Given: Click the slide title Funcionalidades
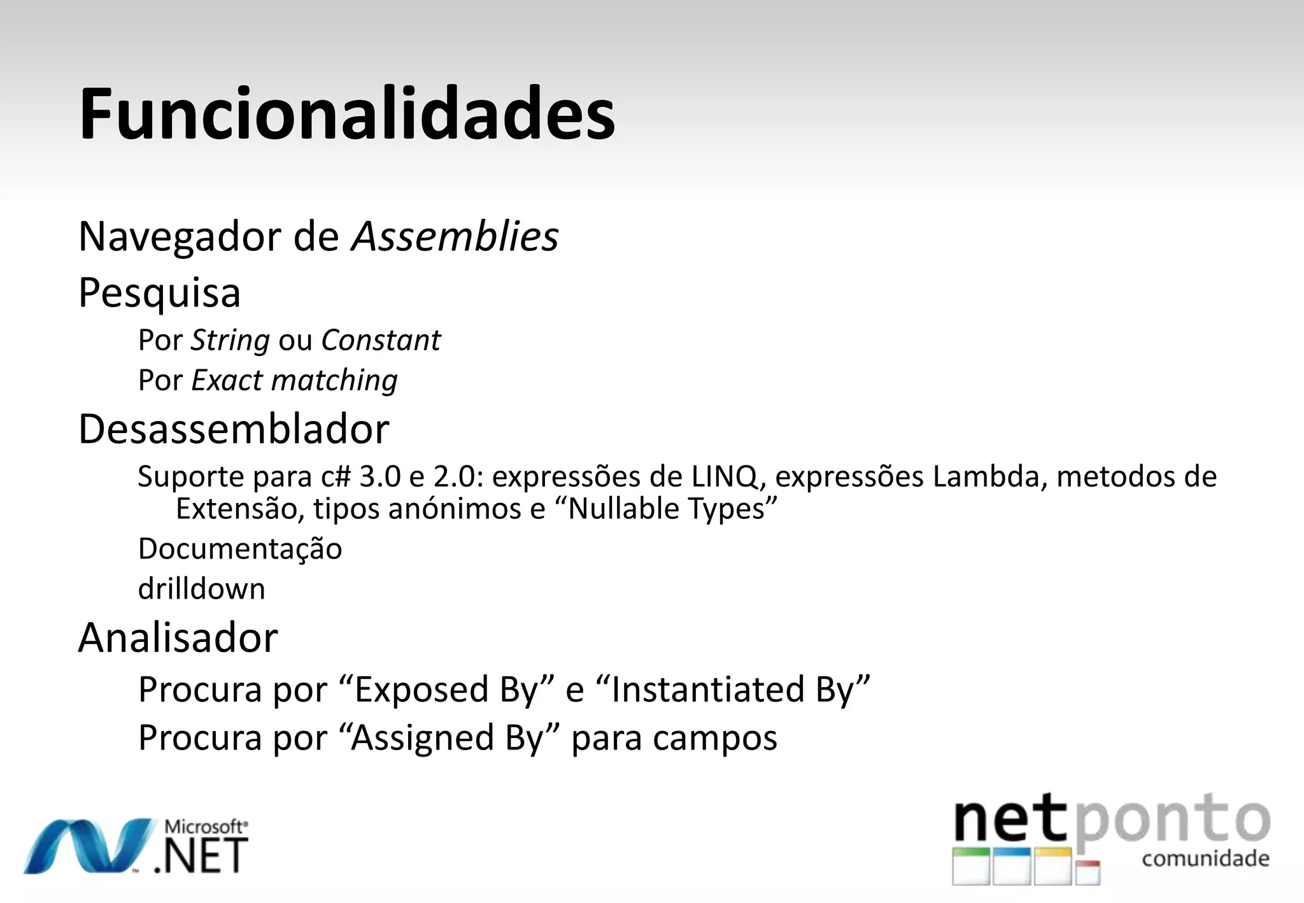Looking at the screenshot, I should coord(347,115).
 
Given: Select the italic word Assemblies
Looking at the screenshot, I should coord(455,237).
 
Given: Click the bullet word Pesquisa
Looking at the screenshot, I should coord(159,293).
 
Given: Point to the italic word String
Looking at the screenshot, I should coord(230,341).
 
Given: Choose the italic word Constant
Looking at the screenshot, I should coord(381,340).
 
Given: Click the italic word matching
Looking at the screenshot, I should coord(334,380).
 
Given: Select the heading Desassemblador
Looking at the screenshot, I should coord(234,429).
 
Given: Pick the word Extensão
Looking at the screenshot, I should coord(240,509).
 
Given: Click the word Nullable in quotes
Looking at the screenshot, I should coord(625,509).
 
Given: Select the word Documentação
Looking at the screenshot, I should coord(240,549).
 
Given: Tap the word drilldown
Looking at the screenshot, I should coord(201,589).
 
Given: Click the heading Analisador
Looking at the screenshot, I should coord(178,637).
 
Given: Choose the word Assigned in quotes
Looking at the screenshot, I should coord(423,738).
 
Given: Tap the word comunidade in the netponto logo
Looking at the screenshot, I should coord(1205,858).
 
